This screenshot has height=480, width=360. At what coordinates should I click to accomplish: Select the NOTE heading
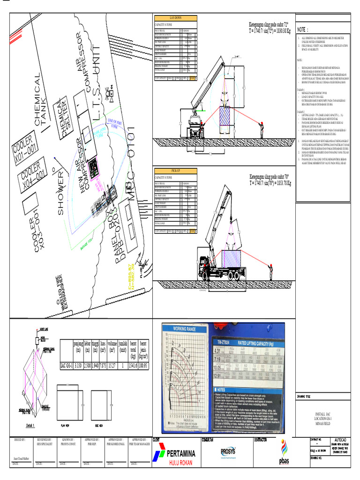tap(303, 30)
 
